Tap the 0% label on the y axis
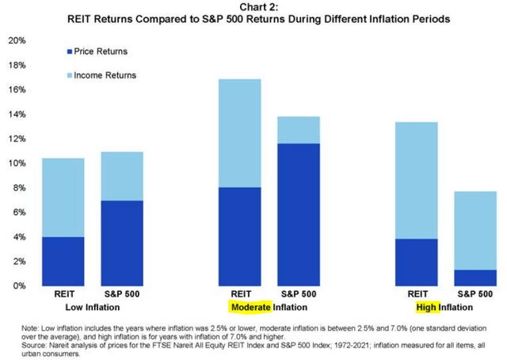pyautogui.click(x=19, y=285)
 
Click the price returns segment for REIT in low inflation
pyautogui.click(x=63, y=261)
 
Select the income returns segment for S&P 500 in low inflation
pyautogui.click(x=122, y=176)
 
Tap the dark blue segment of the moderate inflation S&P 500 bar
pyautogui.click(x=298, y=214)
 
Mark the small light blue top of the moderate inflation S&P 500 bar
pyautogui.click(x=298, y=130)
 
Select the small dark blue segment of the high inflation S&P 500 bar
pyautogui.click(x=475, y=278)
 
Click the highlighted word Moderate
pyautogui.click(x=250, y=307)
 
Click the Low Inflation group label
pyautogui.click(x=93, y=307)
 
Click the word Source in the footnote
pyautogui.click(x=36, y=344)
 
